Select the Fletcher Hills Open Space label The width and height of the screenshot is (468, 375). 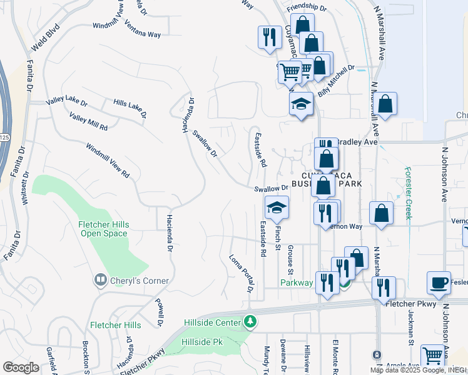coord(104,229)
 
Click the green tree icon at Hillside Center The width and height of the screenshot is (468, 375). coord(250,322)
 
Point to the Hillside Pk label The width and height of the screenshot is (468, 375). coord(202,342)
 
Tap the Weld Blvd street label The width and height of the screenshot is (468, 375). coord(48,38)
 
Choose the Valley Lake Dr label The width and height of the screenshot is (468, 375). coord(66,102)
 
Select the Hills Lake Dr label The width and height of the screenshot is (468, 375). coord(130,107)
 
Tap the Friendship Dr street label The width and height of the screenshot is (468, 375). coord(307,8)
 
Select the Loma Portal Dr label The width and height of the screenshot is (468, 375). coord(241,273)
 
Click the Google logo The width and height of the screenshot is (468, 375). coord(21,367)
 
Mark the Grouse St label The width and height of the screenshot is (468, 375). coord(290,259)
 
